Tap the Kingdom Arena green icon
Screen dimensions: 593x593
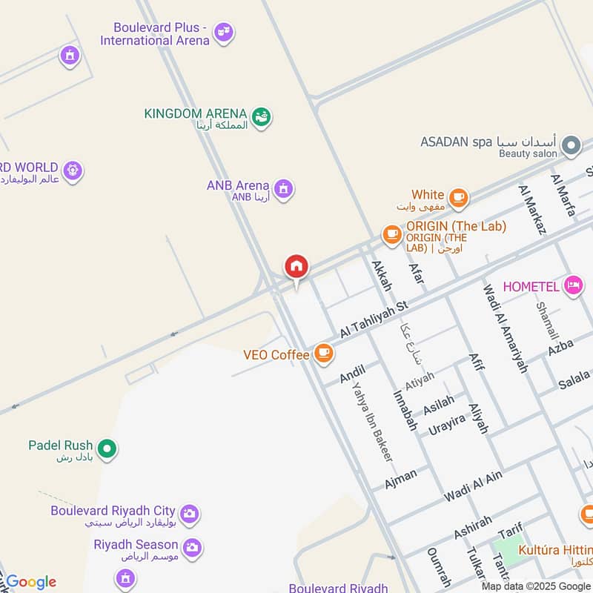click(x=260, y=116)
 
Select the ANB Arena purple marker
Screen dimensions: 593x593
click(x=282, y=189)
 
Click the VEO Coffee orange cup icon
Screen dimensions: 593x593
click(x=323, y=354)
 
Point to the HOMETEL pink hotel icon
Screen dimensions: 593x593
click(x=573, y=285)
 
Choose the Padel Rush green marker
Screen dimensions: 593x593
click(x=107, y=448)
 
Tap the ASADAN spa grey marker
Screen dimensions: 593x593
click(x=570, y=145)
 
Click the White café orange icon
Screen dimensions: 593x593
click(x=458, y=197)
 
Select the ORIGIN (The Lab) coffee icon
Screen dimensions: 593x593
click(x=392, y=235)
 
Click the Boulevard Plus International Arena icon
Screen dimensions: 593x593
click(x=223, y=33)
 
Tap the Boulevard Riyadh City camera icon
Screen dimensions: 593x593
click(x=190, y=512)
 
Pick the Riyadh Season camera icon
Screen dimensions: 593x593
click(x=192, y=547)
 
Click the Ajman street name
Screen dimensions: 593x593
click(x=401, y=479)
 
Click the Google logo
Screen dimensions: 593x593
click(x=31, y=582)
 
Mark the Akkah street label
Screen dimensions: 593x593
click(x=381, y=276)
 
